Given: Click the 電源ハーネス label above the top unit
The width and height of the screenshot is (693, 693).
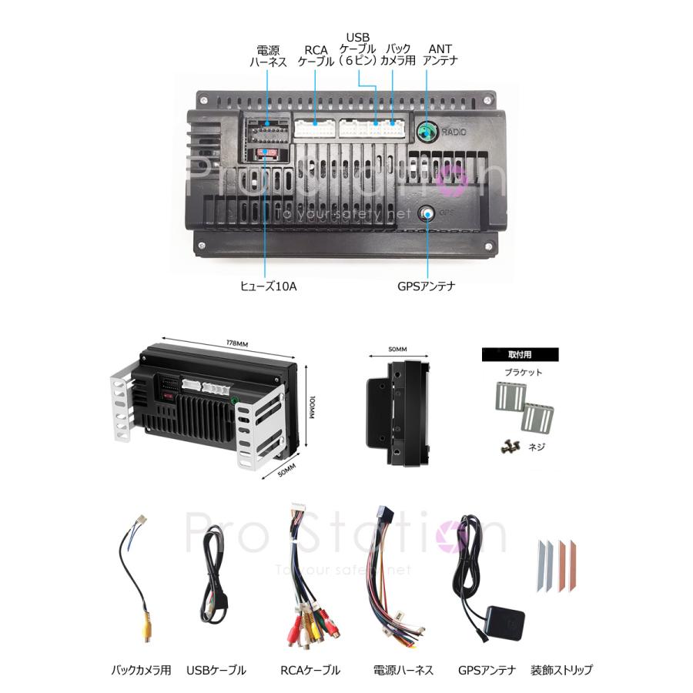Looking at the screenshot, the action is click(x=268, y=56).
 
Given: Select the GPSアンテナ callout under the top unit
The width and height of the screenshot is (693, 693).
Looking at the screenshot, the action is click(x=426, y=286).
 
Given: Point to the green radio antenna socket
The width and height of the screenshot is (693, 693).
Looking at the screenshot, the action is click(x=426, y=132).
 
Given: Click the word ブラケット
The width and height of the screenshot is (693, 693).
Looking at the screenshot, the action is click(x=524, y=373).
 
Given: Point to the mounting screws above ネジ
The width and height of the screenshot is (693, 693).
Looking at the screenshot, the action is click(x=510, y=444).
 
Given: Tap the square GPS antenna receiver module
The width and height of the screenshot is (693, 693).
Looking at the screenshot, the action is click(x=504, y=621).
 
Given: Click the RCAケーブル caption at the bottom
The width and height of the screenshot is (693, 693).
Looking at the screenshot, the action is click(x=310, y=670).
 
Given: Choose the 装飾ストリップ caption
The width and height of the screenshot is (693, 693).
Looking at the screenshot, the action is click(x=562, y=670).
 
